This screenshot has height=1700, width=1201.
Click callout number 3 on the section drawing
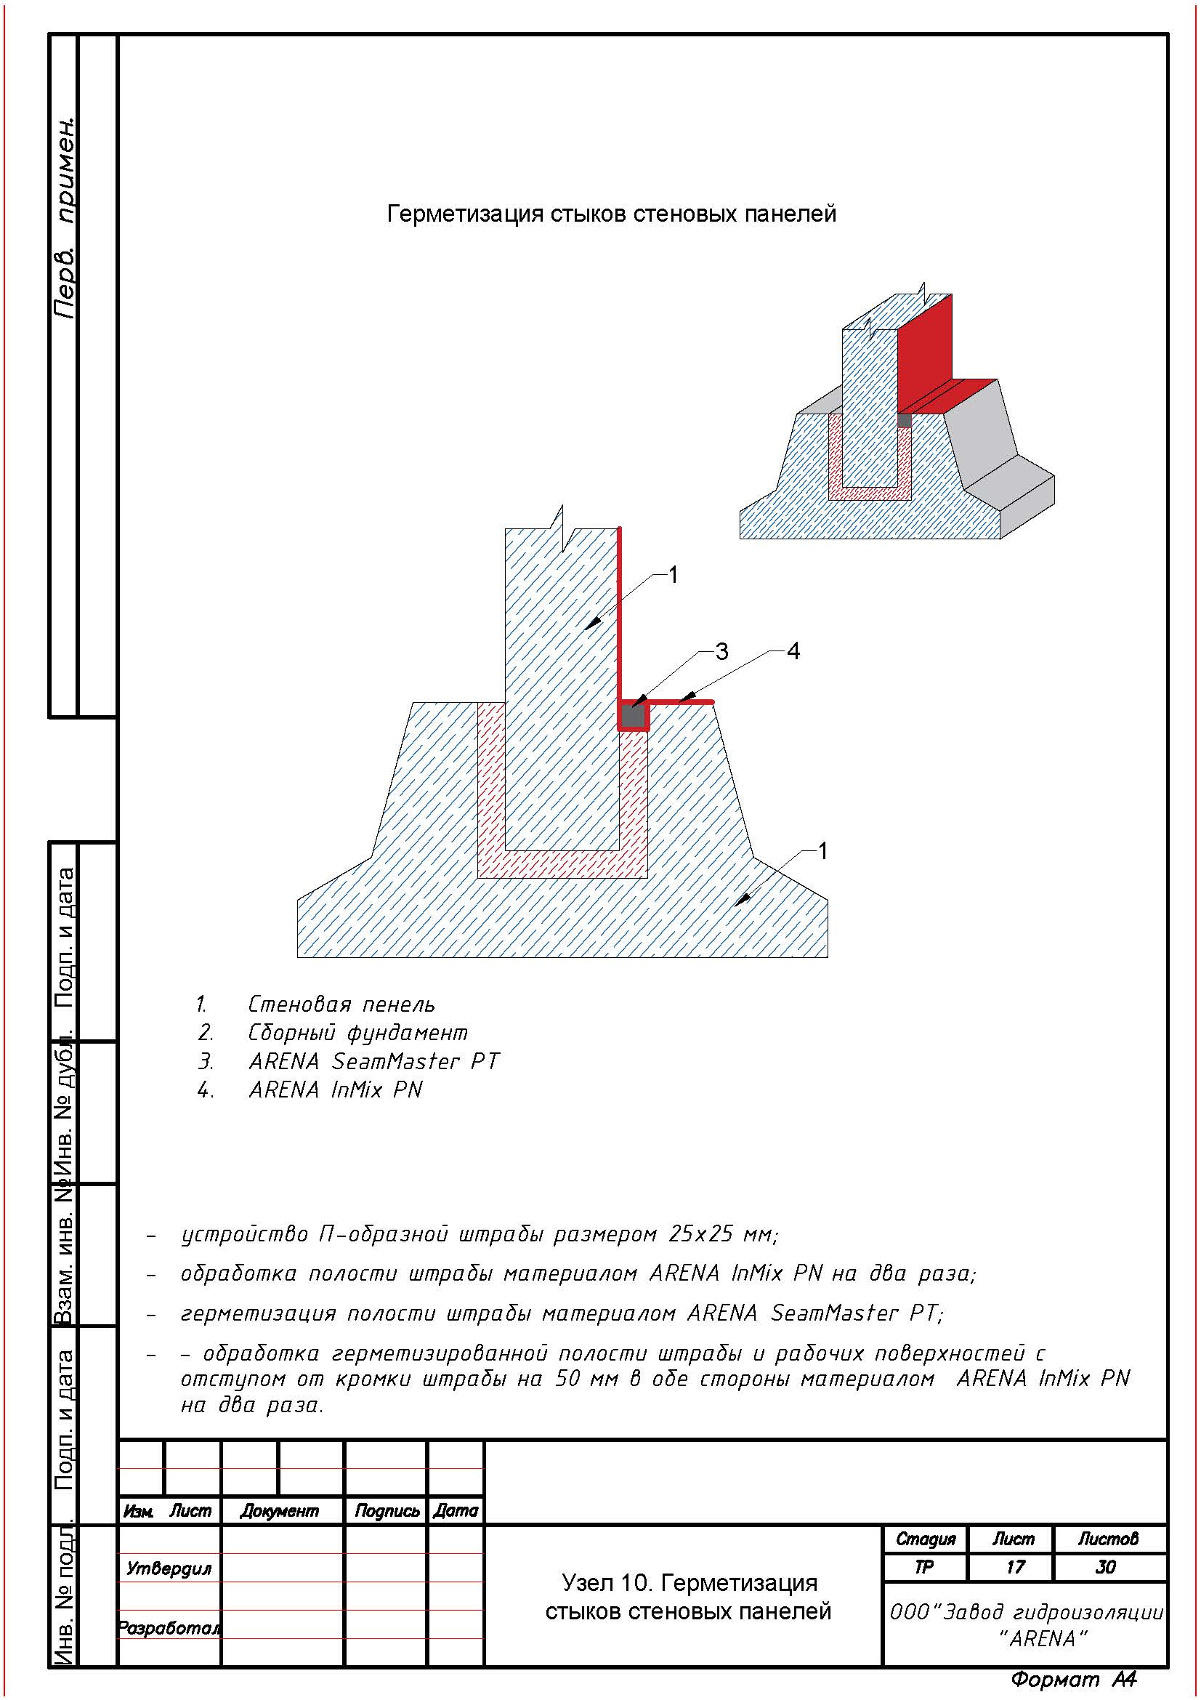coord(721,651)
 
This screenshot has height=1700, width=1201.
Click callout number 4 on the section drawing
coord(793,651)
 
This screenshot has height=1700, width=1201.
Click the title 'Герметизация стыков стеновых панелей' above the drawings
coord(611,214)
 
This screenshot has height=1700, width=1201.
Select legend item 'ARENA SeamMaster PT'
coord(373,1062)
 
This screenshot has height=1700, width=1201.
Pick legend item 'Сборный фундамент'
coord(357,1033)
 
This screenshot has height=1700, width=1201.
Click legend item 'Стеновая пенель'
coord(341,1004)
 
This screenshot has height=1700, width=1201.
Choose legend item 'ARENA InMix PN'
coord(335,1090)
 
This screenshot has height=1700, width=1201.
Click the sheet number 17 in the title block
coord(1015,1567)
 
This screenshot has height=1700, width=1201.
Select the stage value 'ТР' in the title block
coord(924,1567)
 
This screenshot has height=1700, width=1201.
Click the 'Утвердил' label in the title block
coord(169,1568)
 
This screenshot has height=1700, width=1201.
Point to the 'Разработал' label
coord(169,1628)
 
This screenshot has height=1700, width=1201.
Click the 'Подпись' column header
coord(387,1510)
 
